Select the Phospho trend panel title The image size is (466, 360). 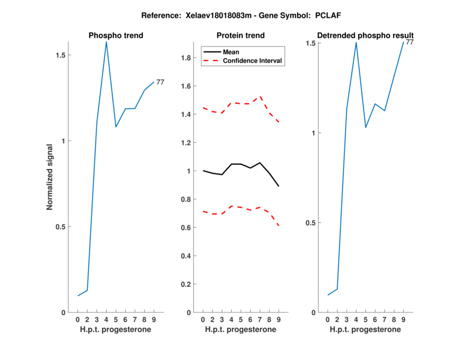tap(115, 36)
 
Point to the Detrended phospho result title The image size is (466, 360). tap(365, 36)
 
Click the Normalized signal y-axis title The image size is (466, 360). tap(50, 177)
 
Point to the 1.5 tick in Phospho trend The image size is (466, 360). tap(60, 55)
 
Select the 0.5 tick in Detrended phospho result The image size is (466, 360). tap(310, 223)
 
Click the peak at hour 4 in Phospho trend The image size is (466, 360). tap(106, 41)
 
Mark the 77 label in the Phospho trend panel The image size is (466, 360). tap(160, 82)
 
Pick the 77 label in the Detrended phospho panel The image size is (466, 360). tap(410, 43)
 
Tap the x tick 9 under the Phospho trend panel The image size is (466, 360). tap(154, 319)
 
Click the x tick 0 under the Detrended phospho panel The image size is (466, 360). tap(327, 319)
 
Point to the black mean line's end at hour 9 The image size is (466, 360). tap(278, 186)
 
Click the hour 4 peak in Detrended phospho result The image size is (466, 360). tap(356, 43)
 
